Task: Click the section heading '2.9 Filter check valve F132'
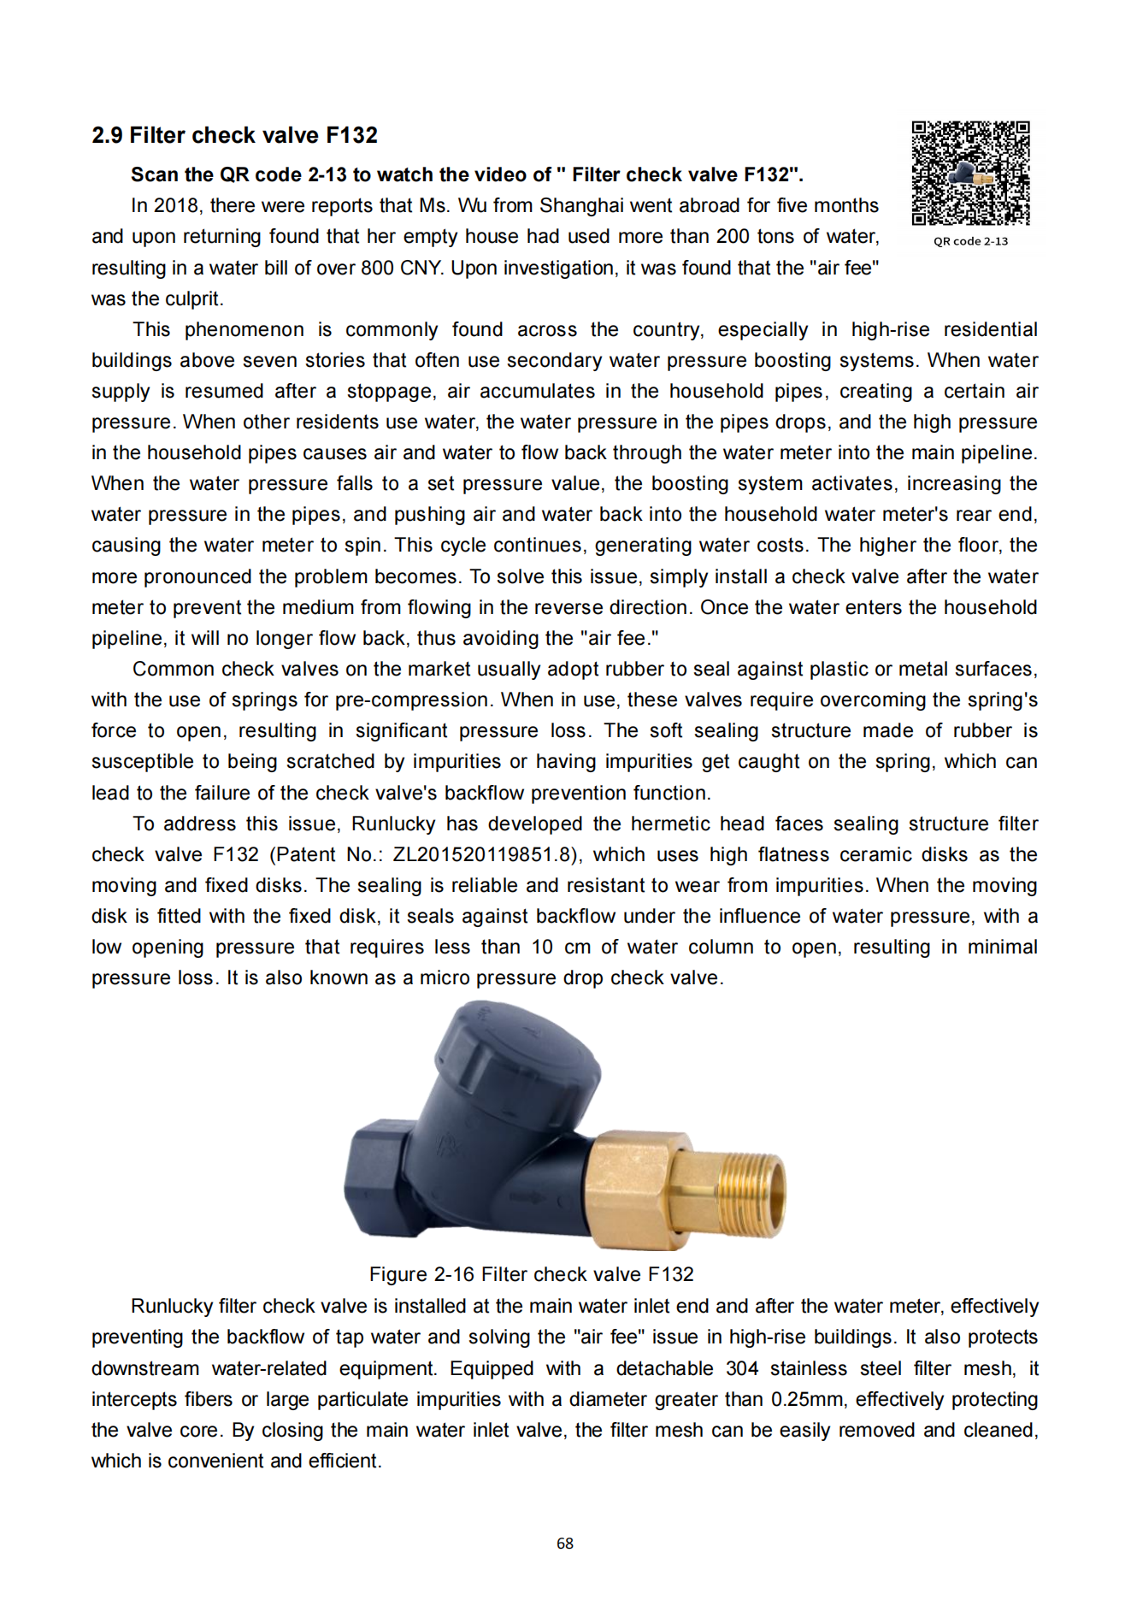(234, 135)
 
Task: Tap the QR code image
(970, 173)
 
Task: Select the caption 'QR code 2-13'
(970, 241)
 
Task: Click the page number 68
(565, 1543)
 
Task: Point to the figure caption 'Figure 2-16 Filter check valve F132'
(531, 1274)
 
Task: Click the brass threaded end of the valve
(750, 1194)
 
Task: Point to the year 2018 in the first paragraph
(176, 206)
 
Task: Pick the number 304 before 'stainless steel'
(742, 1368)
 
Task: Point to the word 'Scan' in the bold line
(154, 174)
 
